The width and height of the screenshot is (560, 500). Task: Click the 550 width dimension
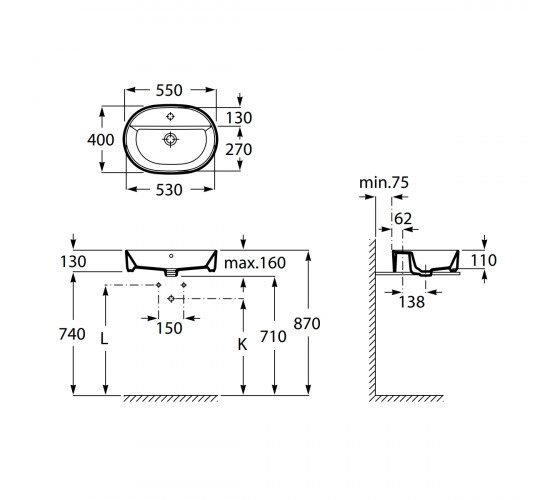click(x=169, y=90)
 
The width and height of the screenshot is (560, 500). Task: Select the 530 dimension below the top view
click(x=169, y=190)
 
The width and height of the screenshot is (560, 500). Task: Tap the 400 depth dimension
click(x=101, y=140)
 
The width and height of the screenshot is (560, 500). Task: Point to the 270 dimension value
click(x=239, y=149)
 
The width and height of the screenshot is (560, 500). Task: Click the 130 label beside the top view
click(x=239, y=118)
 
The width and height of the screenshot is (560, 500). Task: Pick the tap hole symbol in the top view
click(x=171, y=116)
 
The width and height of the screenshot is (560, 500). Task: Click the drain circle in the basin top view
click(x=171, y=139)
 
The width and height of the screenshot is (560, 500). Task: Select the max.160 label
click(x=255, y=263)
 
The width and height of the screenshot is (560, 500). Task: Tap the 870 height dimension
click(x=307, y=324)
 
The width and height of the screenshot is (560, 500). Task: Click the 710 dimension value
click(x=273, y=336)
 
